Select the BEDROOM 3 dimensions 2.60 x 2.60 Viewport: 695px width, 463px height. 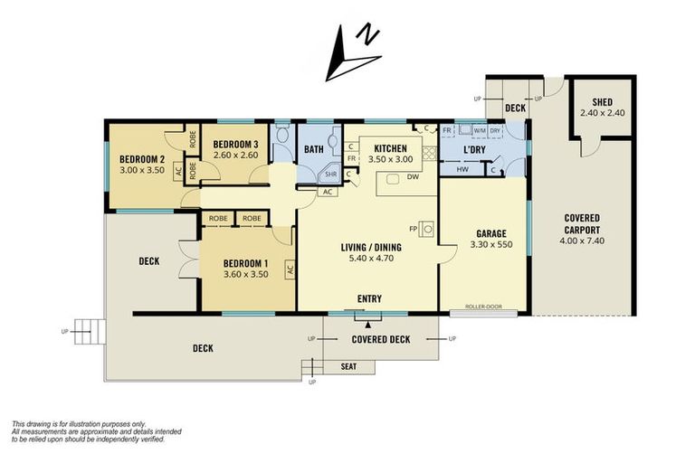(x=235, y=155)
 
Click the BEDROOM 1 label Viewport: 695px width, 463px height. (x=247, y=264)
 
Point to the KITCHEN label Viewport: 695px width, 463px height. (x=390, y=149)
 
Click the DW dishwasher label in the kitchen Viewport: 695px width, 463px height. (x=412, y=176)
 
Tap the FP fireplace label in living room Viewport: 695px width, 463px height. (x=414, y=228)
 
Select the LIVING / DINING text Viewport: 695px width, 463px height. (x=371, y=247)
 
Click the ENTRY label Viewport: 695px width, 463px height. (x=369, y=298)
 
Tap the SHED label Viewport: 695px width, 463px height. (x=603, y=102)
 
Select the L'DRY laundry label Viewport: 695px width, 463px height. (x=476, y=149)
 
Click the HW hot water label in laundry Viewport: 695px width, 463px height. (x=462, y=169)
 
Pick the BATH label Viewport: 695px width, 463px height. (x=314, y=150)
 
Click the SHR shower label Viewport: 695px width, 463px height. (x=331, y=175)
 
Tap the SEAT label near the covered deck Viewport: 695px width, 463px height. (x=347, y=366)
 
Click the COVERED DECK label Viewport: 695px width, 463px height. (x=380, y=339)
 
